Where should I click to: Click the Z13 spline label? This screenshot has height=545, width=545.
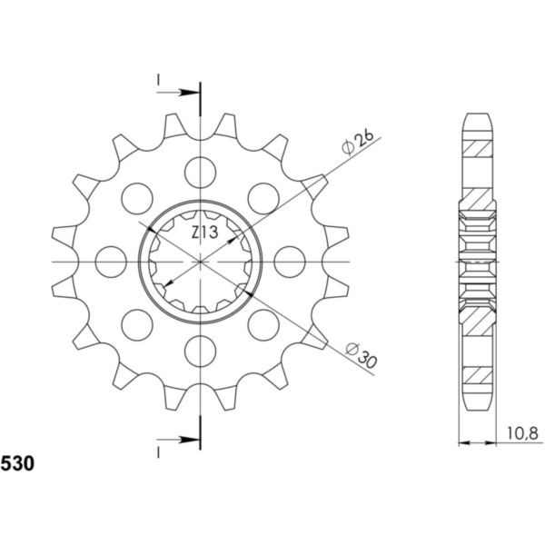click(203, 233)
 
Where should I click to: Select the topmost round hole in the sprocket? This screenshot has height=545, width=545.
click(199, 169)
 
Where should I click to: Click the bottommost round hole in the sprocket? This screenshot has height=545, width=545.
click(199, 350)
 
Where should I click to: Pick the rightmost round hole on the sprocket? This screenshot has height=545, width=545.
click(289, 260)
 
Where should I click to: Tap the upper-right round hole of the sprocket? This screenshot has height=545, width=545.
click(263, 195)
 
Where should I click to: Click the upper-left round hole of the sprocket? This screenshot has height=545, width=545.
click(135, 195)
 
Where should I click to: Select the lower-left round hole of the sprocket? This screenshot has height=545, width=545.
click(135, 323)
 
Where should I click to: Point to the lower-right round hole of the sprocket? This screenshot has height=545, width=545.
click(263, 323)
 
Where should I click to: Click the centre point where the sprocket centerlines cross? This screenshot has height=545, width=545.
click(199, 261)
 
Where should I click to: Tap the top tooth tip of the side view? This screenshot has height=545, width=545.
click(479, 115)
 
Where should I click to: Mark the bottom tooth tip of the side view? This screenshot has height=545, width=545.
click(479, 407)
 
